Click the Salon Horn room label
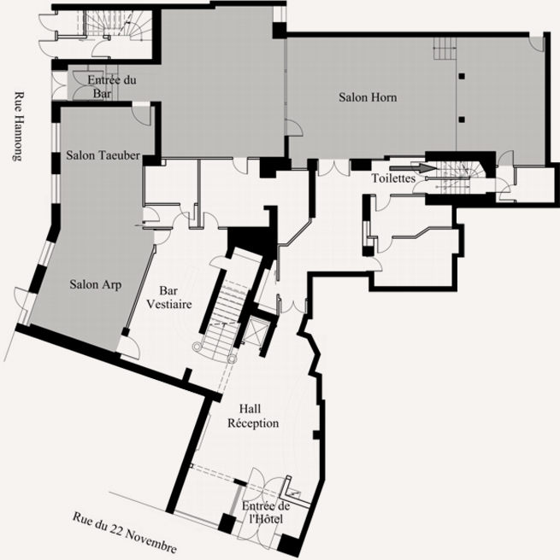click(368, 97)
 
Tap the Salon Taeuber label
click(103, 155)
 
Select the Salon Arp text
click(96, 284)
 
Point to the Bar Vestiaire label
click(169, 297)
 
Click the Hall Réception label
click(253, 416)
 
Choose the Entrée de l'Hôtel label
click(266, 512)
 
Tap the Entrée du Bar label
click(111, 86)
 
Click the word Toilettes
click(393, 178)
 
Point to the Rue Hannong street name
click(19, 126)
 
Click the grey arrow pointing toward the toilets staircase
click(413, 168)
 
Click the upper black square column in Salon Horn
click(462, 76)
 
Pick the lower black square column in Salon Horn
click(462, 120)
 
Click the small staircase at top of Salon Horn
click(445, 48)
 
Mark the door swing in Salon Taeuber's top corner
click(141, 115)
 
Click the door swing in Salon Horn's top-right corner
click(536, 43)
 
